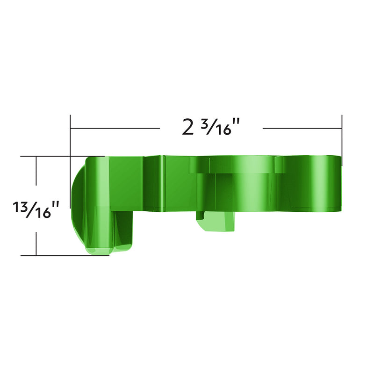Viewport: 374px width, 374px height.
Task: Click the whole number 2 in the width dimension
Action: coord(188,127)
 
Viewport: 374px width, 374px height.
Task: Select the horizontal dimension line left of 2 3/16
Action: coord(115,128)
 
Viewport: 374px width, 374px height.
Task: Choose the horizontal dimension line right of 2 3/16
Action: coord(302,128)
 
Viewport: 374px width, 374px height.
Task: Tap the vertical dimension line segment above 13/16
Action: coord(36,175)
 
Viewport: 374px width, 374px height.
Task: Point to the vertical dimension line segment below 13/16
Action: coord(36,238)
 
